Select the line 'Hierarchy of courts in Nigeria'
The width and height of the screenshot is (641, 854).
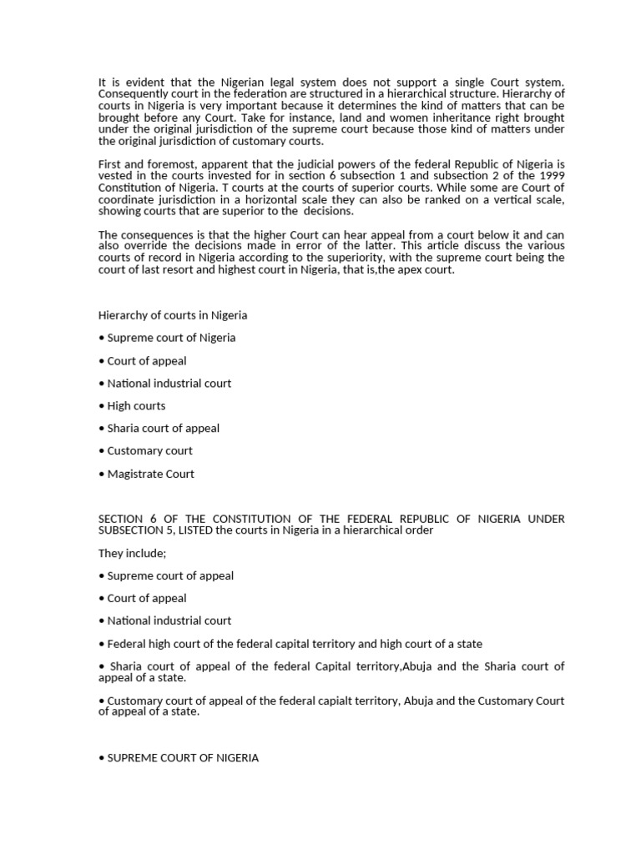click(x=173, y=315)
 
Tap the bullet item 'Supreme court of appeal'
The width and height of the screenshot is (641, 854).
click(x=166, y=575)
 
